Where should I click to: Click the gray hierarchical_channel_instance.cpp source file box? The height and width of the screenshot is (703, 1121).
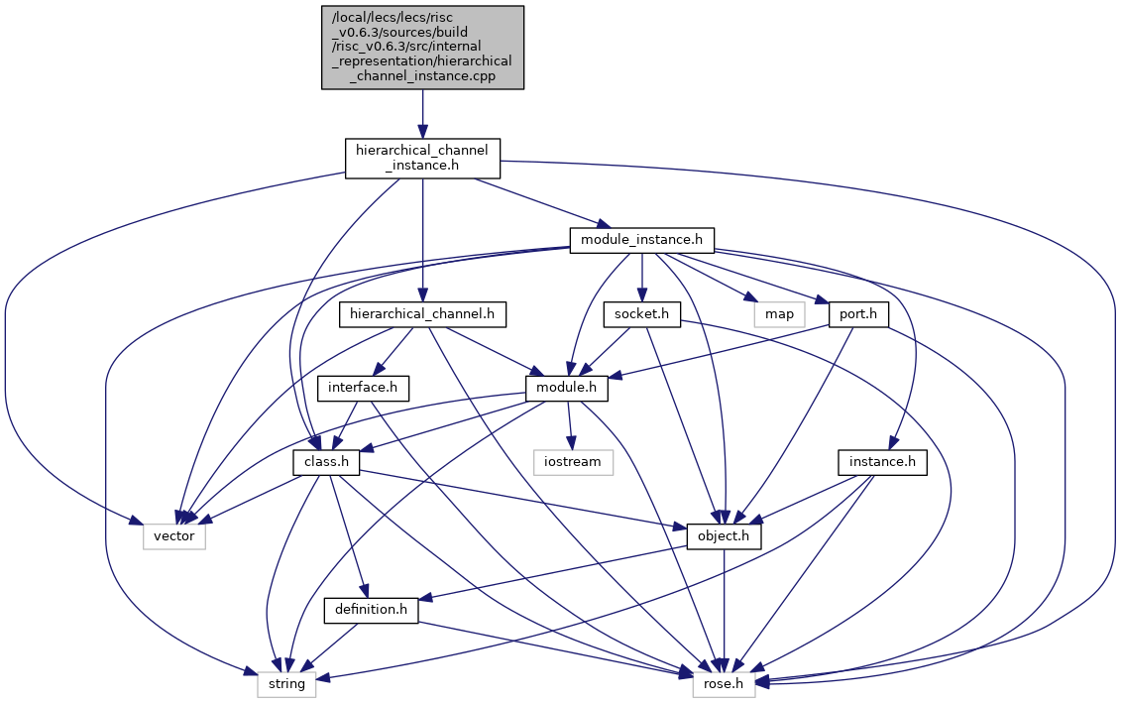tap(422, 48)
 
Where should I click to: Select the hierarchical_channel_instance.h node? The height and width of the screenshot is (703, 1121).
tap(422, 159)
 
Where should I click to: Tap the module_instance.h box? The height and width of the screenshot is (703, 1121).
tap(642, 240)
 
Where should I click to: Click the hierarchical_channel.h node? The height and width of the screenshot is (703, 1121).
tap(422, 314)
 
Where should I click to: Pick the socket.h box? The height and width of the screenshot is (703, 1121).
tap(642, 314)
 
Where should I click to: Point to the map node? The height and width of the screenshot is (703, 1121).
tap(779, 314)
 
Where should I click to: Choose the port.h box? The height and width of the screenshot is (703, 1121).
tap(858, 314)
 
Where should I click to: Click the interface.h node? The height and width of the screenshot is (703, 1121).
tap(363, 389)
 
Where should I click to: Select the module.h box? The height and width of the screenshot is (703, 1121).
tap(567, 389)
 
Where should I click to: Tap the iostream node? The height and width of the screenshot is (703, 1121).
tap(573, 462)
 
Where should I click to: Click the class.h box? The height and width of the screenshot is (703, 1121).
tap(326, 462)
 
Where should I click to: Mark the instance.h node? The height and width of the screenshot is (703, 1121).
tap(882, 462)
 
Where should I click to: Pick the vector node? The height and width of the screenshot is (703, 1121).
tap(174, 536)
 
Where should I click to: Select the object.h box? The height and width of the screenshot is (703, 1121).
tap(725, 536)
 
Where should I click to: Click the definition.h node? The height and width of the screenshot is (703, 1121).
tap(371, 610)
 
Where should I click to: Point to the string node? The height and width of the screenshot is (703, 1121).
tap(286, 684)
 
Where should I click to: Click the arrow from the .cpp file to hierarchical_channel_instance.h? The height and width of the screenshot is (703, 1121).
tap(422, 114)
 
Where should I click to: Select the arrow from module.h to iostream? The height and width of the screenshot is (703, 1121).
tap(569, 425)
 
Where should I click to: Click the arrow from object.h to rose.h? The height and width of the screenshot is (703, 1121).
tap(725, 611)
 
